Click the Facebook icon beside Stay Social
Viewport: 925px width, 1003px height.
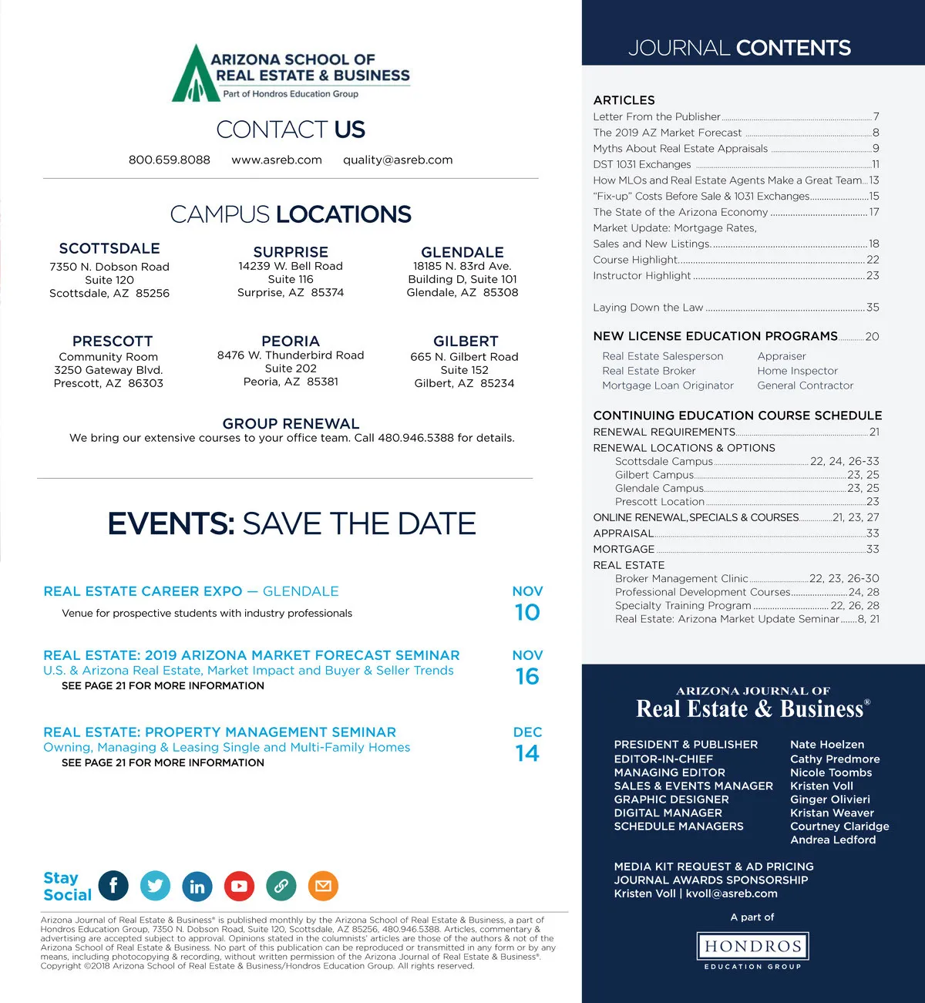(113, 886)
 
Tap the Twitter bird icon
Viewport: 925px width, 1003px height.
(155, 886)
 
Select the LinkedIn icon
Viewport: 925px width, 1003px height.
(197, 886)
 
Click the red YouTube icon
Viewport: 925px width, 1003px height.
(239, 886)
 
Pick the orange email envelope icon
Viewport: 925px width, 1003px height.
(323, 886)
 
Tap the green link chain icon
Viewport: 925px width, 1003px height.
(281, 886)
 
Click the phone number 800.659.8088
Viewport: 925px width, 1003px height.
(169, 160)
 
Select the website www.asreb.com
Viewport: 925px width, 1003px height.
(277, 160)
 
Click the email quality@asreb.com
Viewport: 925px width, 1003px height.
(398, 160)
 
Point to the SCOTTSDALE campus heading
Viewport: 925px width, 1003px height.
(109, 248)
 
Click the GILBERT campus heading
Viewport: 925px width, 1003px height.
(466, 341)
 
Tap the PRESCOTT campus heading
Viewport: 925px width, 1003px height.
(113, 341)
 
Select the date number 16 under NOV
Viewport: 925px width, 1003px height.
(527, 677)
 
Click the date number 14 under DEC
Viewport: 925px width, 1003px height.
(527, 753)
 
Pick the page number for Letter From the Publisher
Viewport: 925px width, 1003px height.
(876, 116)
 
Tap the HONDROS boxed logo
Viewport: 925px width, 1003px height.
(752, 946)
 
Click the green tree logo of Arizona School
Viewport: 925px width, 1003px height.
(190, 76)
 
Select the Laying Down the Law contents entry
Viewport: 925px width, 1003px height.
(648, 307)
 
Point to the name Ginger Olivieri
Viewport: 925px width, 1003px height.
(829, 799)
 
